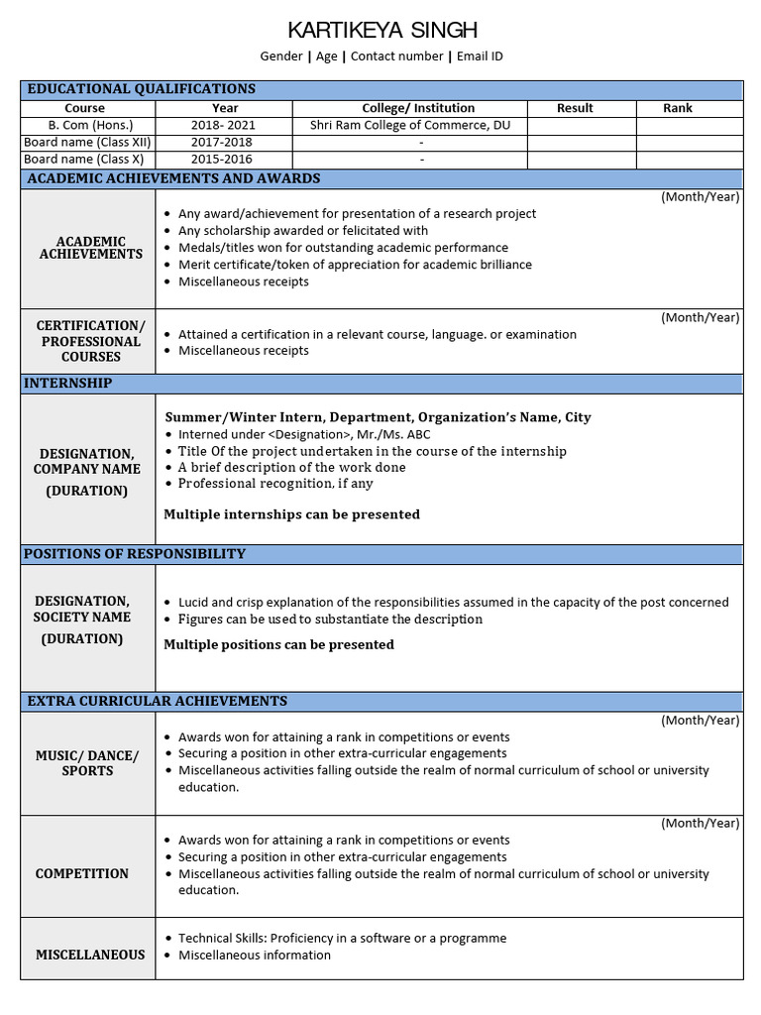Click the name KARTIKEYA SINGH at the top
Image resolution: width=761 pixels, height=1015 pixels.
pos(381,29)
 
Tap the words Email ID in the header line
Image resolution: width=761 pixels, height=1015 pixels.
pos(482,56)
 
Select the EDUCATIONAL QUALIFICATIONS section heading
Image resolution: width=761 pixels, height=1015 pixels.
pos(141,89)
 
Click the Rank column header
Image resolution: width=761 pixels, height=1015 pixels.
pos(678,108)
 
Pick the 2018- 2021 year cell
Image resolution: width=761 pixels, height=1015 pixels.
pos(224,126)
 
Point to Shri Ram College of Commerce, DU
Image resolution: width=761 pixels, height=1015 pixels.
pos(409,126)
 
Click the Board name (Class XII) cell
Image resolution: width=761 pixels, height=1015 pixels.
pos(87,143)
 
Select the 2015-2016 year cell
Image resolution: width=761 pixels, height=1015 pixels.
pos(224,160)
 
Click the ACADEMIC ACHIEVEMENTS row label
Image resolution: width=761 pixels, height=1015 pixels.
pos(90,248)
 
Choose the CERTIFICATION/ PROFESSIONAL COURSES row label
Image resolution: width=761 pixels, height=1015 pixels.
pos(90,341)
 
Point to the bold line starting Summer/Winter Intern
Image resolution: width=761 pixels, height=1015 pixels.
pos(378,417)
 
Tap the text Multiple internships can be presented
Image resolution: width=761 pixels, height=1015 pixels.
pos(291,514)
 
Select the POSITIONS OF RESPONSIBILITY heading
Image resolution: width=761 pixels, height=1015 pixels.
pos(135,554)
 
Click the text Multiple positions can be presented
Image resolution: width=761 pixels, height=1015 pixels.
pos(278,644)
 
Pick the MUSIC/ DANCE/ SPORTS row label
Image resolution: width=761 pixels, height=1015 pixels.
pos(87,763)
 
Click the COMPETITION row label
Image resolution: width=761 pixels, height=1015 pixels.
pos(82,874)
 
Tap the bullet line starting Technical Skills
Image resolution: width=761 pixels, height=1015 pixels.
pos(342,938)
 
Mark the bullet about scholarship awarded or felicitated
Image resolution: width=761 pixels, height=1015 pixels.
pos(303,231)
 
